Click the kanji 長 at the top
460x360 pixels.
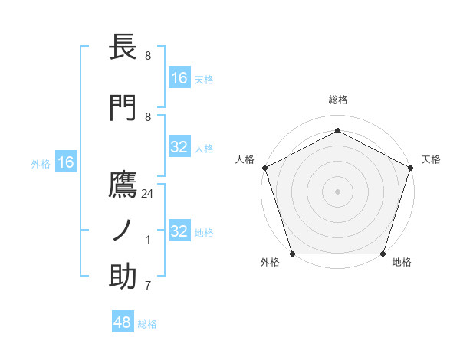click(x=123, y=47)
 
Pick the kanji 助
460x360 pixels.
click(x=123, y=277)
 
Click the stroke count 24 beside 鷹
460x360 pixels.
click(x=148, y=194)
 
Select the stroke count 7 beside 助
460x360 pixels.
click(x=148, y=286)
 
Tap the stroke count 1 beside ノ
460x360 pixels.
click(x=148, y=240)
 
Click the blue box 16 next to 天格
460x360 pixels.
click(x=179, y=77)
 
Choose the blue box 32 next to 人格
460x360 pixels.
click(x=179, y=147)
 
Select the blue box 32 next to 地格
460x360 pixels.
click(x=179, y=231)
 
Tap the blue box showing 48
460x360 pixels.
click(x=123, y=322)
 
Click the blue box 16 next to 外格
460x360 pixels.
click(x=65, y=162)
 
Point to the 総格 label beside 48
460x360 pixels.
click(x=147, y=325)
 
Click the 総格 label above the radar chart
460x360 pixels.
click(x=338, y=100)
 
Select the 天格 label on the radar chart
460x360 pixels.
click(x=431, y=159)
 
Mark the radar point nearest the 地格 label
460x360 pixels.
click(x=383, y=254)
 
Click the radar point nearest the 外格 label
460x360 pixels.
click(x=292, y=254)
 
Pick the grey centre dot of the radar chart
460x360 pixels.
click(x=337, y=191)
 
